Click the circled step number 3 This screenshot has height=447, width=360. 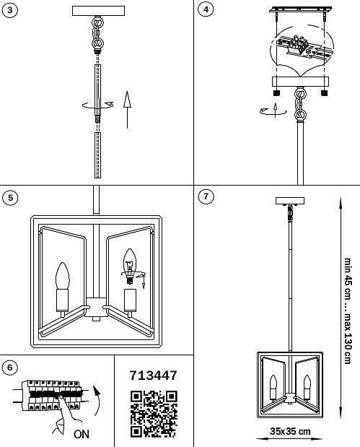click(x=10, y=10)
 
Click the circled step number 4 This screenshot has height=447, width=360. click(x=206, y=10)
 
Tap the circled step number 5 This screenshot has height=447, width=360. click(x=10, y=198)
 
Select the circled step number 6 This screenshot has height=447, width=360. click(x=10, y=368)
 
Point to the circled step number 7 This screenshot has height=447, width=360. click(x=206, y=196)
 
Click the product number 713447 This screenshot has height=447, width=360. click(x=153, y=376)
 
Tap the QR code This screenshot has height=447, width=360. click(x=153, y=414)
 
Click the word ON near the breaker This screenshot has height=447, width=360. click(x=82, y=435)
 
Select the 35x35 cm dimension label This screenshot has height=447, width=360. click(x=290, y=432)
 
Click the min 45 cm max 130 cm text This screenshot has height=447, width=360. click(x=347, y=311)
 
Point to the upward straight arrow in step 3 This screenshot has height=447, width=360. click(x=127, y=109)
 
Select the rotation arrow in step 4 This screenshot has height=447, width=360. click(x=268, y=110)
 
